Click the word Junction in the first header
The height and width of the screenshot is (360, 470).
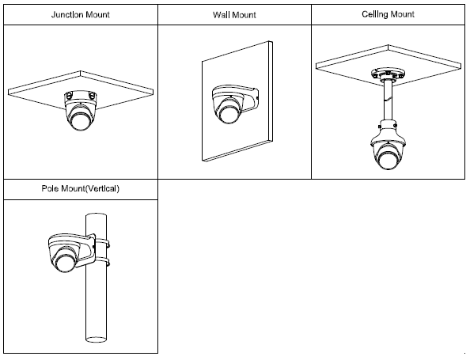[66, 15]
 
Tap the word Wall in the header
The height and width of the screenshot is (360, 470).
[220, 15]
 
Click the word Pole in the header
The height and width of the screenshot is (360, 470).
[50, 188]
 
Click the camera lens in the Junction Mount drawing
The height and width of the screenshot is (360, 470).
[81, 121]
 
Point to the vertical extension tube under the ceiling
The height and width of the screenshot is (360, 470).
[388, 100]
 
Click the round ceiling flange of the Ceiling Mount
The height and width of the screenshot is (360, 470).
[388, 73]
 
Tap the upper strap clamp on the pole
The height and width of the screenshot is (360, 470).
[102, 243]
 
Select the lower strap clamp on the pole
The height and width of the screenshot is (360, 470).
[102, 261]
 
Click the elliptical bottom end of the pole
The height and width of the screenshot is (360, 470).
[97, 339]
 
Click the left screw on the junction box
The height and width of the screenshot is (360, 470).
[70, 96]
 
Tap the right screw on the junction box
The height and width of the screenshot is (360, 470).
[93, 96]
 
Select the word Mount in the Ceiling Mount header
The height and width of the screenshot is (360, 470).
[403, 14]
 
